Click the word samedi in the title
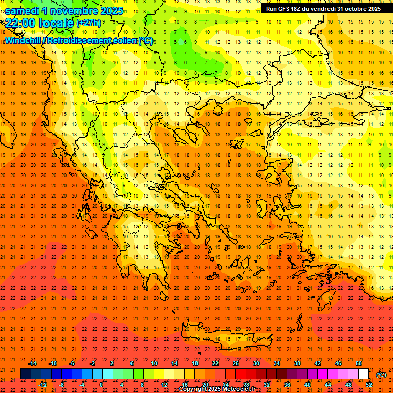pyautogui.click(x=23, y=11)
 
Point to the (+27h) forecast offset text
pyautogui.click(x=89, y=23)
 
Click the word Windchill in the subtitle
pyautogui.click(x=24, y=40)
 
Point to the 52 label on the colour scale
pyautogui.click(x=369, y=384)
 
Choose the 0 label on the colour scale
pyautogui.click(x=102, y=384)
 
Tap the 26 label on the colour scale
pyautogui.click(x=236, y=363)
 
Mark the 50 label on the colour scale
pyautogui.click(x=359, y=363)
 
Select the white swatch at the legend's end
pyautogui.click(x=363, y=374)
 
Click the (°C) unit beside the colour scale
pyautogui.click(x=381, y=375)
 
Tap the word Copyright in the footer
pyautogui.click(x=194, y=389)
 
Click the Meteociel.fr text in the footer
pyautogui.click(x=239, y=389)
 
